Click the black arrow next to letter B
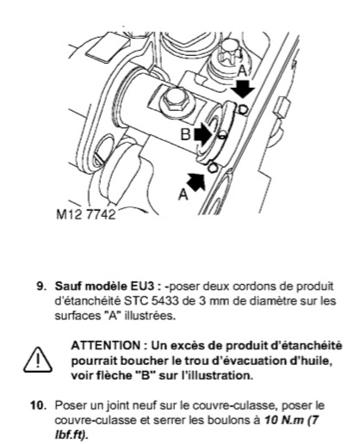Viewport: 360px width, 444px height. [x=203, y=134]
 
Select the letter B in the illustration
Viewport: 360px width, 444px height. [x=185, y=134]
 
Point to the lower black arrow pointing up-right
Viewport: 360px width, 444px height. [x=196, y=182]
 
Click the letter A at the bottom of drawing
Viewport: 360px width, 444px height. [x=183, y=195]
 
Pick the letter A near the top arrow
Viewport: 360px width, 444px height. [x=243, y=71]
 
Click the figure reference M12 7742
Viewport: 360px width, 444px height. [x=86, y=214]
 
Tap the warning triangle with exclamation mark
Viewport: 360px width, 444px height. [x=38, y=360]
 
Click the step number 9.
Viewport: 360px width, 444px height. [x=41, y=287]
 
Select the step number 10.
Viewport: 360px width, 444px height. [x=39, y=405]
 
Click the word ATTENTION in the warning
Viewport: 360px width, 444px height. [x=105, y=345]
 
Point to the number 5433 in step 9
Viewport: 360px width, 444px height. [x=163, y=301]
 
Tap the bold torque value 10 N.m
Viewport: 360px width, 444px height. [x=283, y=421]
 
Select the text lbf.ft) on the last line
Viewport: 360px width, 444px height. [x=71, y=435]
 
